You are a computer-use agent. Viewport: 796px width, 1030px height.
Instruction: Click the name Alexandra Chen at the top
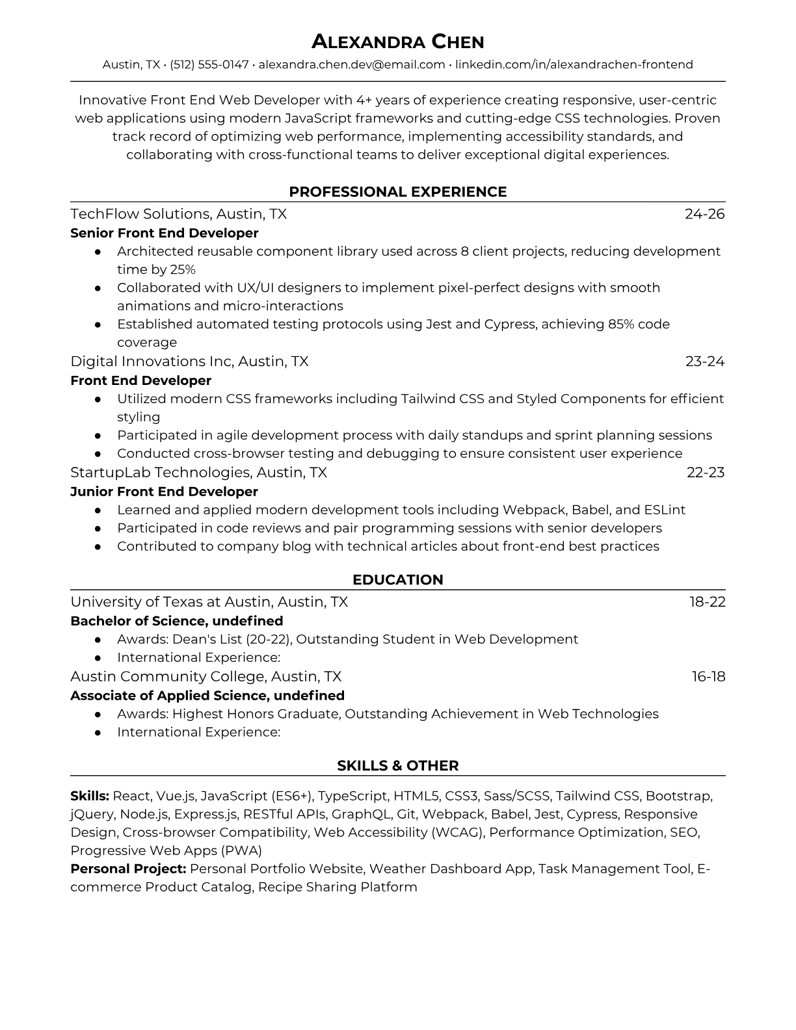[397, 42]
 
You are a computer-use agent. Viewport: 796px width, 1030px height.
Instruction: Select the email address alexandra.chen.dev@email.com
[352, 64]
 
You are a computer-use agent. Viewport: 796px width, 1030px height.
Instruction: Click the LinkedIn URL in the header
[574, 64]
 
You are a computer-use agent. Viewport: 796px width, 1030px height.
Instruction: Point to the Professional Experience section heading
[397, 192]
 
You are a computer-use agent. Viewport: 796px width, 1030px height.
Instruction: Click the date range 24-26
[704, 214]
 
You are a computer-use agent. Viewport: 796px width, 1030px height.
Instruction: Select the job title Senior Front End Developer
[164, 233]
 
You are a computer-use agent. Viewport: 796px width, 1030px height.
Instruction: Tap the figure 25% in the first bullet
[183, 269]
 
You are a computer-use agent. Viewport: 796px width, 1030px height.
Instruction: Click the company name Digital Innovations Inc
[152, 362]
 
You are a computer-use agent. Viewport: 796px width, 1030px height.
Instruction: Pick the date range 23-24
[705, 362]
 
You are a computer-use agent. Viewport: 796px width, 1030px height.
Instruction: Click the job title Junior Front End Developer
[164, 492]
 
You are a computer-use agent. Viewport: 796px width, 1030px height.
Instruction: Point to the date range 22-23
[706, 473]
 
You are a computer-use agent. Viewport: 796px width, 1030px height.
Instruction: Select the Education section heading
[397, 580]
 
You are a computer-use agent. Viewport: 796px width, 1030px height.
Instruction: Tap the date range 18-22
[708, 602]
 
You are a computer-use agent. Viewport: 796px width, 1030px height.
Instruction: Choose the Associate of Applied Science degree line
[207, 696]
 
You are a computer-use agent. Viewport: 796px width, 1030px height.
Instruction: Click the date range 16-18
[708, 677]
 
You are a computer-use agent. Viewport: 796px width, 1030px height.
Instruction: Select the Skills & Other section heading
[397, 766]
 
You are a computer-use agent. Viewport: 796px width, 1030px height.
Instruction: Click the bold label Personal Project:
[128, 869]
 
